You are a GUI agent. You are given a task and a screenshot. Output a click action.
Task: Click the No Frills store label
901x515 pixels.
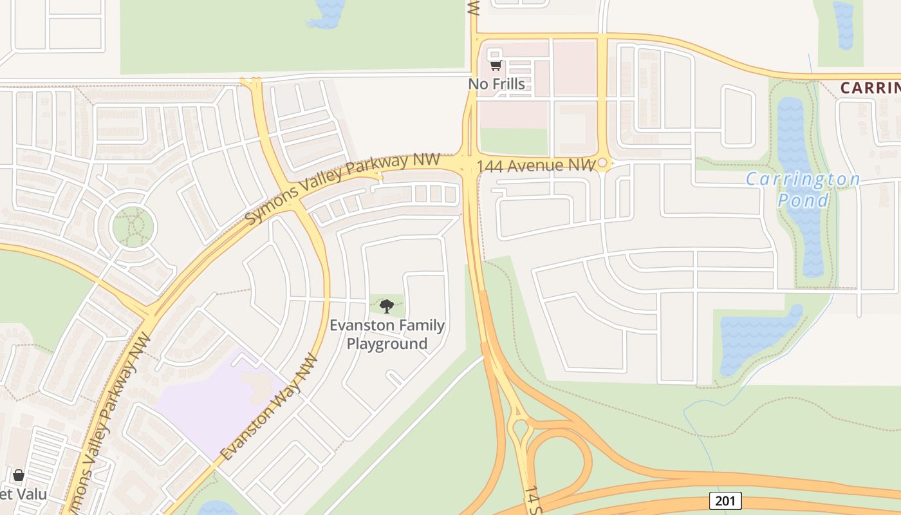[x=496, y=84]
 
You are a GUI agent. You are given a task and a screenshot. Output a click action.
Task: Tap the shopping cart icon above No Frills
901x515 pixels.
[x=496, y=65]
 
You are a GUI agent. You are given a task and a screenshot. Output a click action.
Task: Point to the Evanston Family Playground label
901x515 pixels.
[x=387, y=334]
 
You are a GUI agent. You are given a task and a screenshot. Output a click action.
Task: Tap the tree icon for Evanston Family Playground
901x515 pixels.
[x=386, y=306]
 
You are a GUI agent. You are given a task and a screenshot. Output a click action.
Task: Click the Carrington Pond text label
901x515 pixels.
[x=803, y=189]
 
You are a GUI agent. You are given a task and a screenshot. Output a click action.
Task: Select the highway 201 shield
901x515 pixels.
[x=725, y=500]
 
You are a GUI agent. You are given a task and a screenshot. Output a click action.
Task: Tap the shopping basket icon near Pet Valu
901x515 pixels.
[x=19, y=475]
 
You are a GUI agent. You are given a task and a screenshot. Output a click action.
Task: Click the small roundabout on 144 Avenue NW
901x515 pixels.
[x=602, y=164]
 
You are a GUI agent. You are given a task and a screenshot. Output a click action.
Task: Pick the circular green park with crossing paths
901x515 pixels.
[x=133, y=227]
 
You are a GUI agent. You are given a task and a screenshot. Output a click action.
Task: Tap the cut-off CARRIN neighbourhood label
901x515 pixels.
[x=870, y=88]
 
